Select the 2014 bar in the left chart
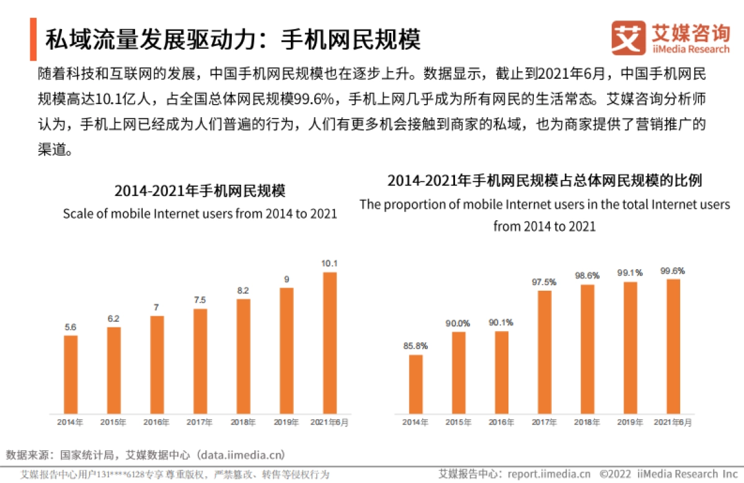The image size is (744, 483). click(x=71, y=374)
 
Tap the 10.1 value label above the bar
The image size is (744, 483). click(x=329, y=264)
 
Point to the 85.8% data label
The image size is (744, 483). click(x=416, y=346)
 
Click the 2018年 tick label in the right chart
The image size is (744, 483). click(x=587, y=422)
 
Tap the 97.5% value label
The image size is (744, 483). click(x=544, y=282)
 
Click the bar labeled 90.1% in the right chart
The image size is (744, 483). click(x=502, y=372)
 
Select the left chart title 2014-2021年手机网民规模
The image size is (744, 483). click(x=200, y=190)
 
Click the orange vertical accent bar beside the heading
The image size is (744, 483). click(x=33, y=39)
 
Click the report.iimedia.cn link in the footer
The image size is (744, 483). click(x=549, y=474)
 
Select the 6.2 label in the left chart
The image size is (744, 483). click(x=113, y=319)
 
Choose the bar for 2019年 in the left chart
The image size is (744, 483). click(x=286, y=350)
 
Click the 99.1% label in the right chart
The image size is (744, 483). click(x=630, y=273)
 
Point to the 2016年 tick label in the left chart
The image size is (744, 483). click(x=157, y=422)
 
